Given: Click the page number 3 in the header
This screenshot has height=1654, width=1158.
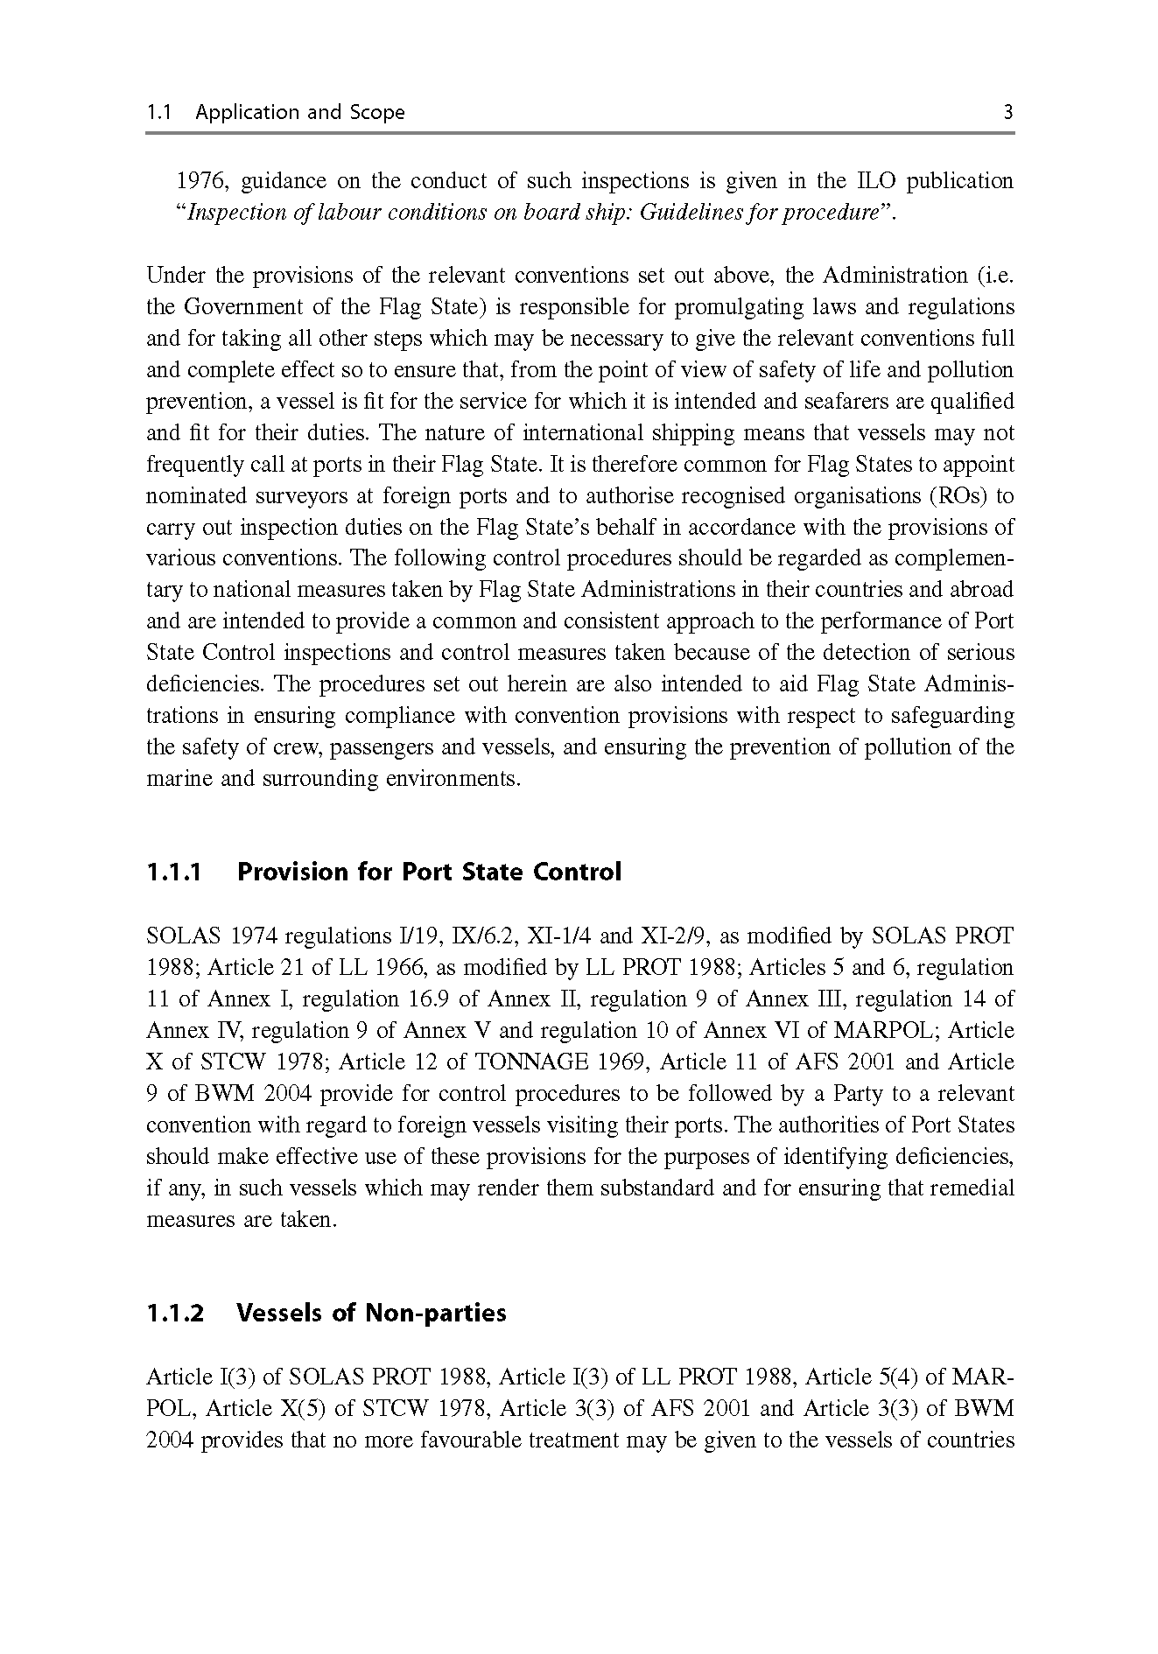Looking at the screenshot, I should coord(1007,112).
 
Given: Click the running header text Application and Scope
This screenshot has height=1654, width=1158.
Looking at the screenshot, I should coord(300,112).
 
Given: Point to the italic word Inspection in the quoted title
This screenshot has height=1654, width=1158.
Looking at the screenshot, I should coord(233,213).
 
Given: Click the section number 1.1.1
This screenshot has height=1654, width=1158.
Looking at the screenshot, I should coord(174,873).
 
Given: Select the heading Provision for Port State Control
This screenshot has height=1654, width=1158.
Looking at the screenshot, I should coord(429,873).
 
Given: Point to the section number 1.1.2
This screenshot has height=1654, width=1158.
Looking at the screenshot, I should coord(175,1314).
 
